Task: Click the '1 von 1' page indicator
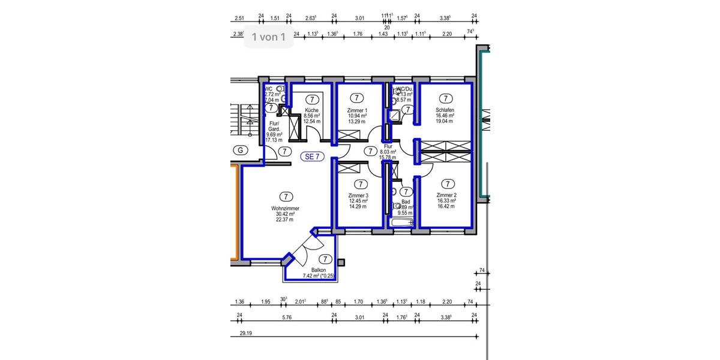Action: (x=268, y=37)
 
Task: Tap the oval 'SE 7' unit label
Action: (x=312, y=157)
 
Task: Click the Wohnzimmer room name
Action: (x=285, y=208)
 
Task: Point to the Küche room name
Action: (x=311, y=110)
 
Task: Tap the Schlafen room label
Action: (x=445, y=110)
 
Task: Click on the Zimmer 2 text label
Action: (x=447, y=196)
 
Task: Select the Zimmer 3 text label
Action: (x=358, y=196)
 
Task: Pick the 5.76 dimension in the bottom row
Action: (x=286, y=317)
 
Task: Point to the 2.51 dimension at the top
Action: (x=240, y=18)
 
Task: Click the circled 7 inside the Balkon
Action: (x=325, y=259)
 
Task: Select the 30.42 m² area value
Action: (x=284, y=214)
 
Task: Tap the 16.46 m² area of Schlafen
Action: (x=445, y=116)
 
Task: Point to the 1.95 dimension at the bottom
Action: (x=266, y=301)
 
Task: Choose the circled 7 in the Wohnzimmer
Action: (x=286, y=196)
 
